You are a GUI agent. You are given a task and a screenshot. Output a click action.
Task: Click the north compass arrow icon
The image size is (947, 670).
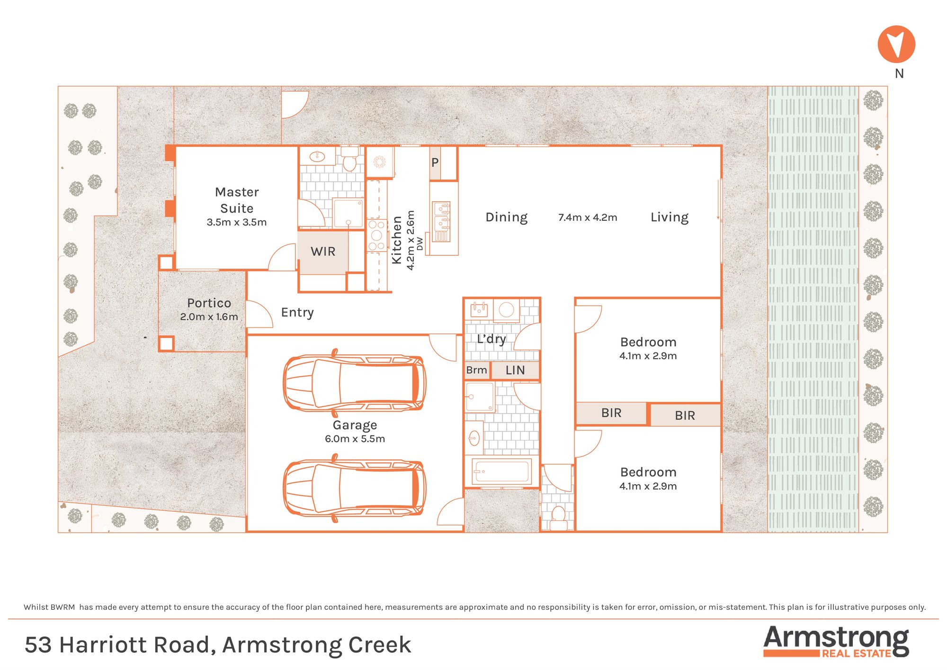(896, 44)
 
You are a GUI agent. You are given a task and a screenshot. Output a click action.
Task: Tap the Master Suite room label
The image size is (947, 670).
(237, 200)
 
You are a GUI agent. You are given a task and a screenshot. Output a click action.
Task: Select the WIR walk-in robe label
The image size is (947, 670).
(323, 252)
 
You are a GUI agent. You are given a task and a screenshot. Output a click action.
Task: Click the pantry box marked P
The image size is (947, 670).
(435, 163)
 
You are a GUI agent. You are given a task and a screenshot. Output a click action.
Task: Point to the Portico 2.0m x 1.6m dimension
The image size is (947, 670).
(209, 317)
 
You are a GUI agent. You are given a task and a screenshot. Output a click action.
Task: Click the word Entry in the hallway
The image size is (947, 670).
(297, 313)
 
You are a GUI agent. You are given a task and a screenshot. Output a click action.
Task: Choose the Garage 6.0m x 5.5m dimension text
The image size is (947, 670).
(355, 439)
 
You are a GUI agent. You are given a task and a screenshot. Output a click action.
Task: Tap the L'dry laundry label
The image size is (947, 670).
(491, 339)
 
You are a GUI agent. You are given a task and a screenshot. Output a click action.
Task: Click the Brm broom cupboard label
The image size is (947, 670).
(476, 370)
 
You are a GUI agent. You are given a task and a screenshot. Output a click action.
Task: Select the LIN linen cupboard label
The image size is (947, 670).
(515, 370)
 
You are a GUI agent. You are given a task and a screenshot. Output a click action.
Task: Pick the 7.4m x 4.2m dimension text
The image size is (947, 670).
(588, 217)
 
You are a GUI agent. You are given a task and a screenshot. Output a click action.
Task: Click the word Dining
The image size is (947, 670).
(506, 217)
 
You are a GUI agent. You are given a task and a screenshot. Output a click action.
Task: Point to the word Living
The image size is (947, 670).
(670, 217)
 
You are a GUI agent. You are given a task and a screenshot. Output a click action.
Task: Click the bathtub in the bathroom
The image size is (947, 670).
(502, 471)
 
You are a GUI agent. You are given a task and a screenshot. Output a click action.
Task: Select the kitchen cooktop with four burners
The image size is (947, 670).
(376, 235)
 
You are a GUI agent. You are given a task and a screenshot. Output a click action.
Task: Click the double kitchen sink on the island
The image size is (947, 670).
(441, 222)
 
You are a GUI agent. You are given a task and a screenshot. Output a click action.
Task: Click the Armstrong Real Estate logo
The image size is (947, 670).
(836, 641)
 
